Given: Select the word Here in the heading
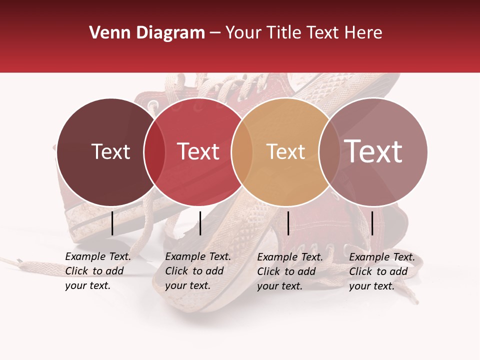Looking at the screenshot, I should coord(363,33).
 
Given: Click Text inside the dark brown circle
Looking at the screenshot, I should coord(110,151).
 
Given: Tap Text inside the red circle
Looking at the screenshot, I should coord(198,151).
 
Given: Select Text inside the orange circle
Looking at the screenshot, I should coord(285,151).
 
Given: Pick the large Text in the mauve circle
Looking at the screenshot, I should coord(373,151).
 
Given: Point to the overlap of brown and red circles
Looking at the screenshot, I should coord(154,151).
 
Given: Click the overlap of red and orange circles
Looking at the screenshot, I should coord(242,151).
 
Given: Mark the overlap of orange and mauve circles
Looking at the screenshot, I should coord(329,151).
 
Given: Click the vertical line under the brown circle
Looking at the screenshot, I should coord(112,223).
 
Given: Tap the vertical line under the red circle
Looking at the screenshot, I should coord(200,223).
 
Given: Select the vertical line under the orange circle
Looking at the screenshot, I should coord(288,223).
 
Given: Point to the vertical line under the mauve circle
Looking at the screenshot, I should coord(372,223).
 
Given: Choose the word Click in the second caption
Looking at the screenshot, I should coord(176,271).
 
